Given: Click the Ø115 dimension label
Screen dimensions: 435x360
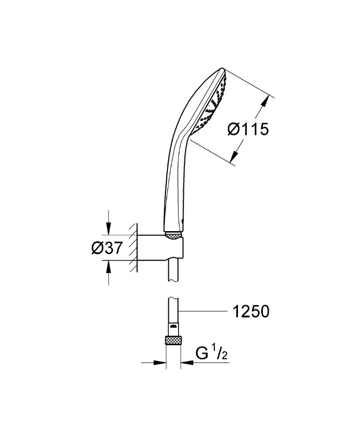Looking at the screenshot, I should (x=248, y=130).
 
